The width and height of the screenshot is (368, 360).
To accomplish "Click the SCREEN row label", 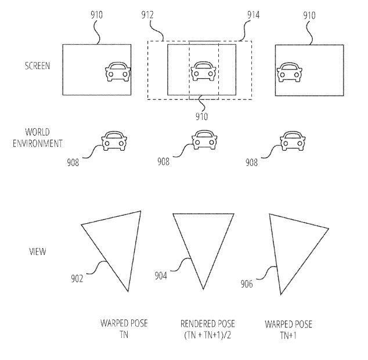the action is (x=38, y=66).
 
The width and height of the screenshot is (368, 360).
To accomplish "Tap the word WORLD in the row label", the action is (x=37, y=132).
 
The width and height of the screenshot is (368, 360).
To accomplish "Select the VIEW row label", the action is (x=38, y=252).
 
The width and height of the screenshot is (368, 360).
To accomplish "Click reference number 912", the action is (x=147, y=15).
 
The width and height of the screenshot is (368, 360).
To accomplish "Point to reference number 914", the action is (x=254, y=15).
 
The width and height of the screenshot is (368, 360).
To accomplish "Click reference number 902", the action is (x=77, y=279).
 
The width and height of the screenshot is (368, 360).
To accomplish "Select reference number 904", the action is (x=161, y=275).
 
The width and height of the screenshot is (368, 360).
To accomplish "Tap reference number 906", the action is (x=247, y=284).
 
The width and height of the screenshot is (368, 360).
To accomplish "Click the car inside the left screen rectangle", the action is (x=118, y=72).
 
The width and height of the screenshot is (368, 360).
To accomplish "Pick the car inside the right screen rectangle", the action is (x=290, y=72).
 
